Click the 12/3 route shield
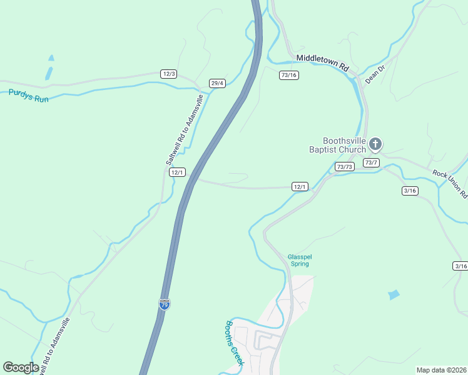168,74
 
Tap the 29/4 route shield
217,83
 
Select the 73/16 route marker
288,75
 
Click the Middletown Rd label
322,58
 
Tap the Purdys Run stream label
28,93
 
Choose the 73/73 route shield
344,166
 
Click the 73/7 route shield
371,162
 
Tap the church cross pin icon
375,144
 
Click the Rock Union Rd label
450,182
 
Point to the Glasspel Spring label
299,260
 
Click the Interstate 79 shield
165,304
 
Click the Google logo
21,367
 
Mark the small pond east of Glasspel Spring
394,294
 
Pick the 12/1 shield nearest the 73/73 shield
300,186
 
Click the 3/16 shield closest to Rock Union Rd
410,191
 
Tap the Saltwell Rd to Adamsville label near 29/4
185,130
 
